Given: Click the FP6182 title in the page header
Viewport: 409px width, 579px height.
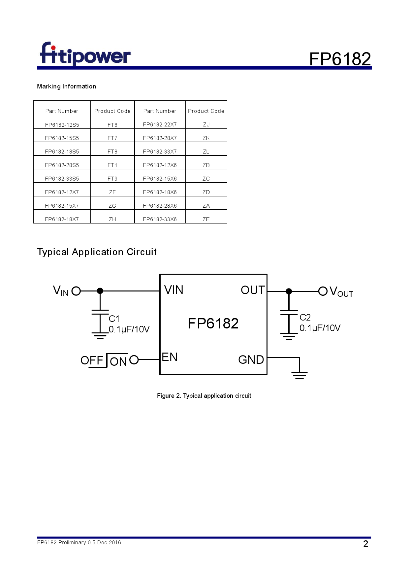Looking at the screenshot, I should click(340, 59).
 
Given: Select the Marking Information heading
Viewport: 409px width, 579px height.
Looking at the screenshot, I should click(66, 86).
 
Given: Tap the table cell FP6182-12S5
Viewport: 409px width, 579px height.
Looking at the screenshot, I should click(62, 125).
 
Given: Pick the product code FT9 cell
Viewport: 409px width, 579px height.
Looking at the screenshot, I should click(112, 179).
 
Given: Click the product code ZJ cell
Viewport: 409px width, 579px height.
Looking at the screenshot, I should click(206, 124).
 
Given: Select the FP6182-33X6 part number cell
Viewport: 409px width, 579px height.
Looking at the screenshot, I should click(160, 219).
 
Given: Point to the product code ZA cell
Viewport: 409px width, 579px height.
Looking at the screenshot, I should click(206, 206).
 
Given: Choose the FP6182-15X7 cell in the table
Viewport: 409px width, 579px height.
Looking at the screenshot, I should click(62, 206).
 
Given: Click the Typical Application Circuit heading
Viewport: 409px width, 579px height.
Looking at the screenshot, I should click(97, 252).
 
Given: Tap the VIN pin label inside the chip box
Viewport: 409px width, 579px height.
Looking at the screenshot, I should click(173, 290).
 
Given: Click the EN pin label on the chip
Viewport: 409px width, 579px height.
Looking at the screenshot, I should click(170, 357).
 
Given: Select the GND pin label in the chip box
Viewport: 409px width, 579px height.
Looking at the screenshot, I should click(251, 360).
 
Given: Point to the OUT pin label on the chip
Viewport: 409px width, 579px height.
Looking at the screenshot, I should click(252, 290).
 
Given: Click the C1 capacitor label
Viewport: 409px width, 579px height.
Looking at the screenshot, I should click(114, 319).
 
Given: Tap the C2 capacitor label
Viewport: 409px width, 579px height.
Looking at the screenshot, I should click(305, 318).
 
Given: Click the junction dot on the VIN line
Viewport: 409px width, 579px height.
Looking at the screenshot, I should click(100, 291).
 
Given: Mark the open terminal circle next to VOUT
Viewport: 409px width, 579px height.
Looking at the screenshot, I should click(323, 291).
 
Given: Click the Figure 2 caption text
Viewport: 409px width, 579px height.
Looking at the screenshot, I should click(204, 395).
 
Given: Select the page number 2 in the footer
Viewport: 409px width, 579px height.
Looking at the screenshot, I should click(365, 544).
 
